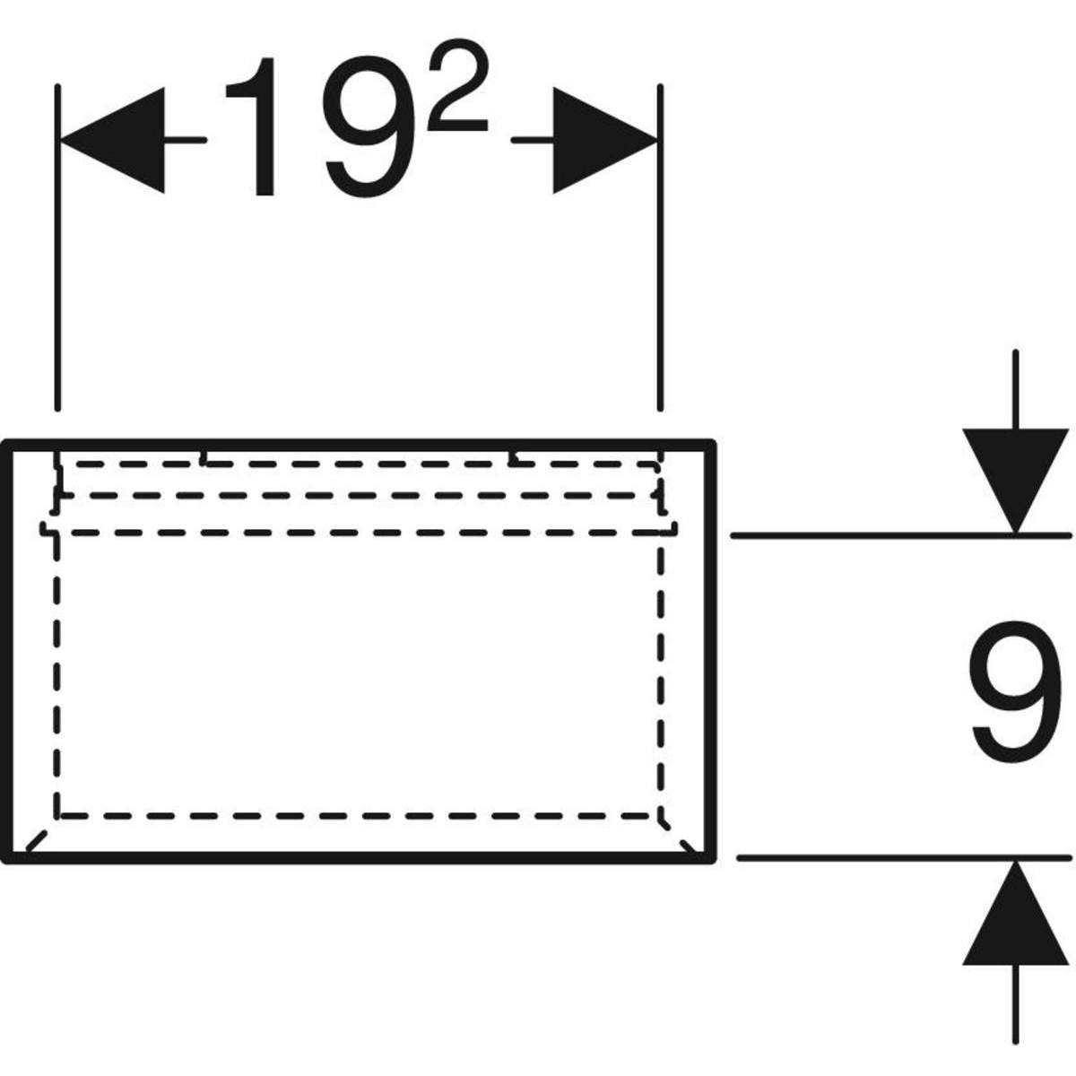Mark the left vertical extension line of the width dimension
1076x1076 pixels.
57,269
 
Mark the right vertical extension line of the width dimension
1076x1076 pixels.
661,269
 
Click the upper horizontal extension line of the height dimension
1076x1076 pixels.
897,535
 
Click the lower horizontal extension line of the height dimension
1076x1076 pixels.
897,858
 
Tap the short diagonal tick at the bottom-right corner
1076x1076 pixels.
690,846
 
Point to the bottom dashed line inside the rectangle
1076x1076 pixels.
359,816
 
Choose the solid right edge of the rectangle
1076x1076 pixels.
713,655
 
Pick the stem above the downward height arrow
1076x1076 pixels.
1015,386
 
